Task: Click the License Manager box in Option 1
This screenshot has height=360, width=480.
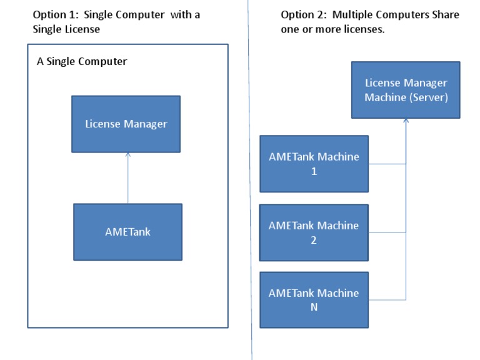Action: pos(126,124)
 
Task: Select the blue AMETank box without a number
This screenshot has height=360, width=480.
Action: pos(127,232)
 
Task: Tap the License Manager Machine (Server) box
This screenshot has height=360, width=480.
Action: pos(406,90)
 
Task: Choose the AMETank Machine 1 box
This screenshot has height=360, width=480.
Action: pos(314,164)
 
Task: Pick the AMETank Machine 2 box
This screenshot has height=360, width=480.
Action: pos(314,232)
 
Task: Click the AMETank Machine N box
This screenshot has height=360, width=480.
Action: pos(314,300)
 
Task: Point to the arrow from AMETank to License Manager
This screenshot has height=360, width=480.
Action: pos(127,178)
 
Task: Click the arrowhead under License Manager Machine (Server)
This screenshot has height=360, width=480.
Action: pos(406,121)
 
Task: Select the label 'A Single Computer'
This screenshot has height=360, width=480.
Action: pos(82,61)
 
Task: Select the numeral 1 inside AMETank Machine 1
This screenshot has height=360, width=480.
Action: pos(314,171)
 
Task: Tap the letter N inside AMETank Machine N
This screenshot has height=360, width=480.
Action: pos(314,307)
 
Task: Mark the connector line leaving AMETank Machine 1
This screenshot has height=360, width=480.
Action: pos(387,164)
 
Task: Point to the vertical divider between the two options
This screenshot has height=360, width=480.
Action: pos(251,187)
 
